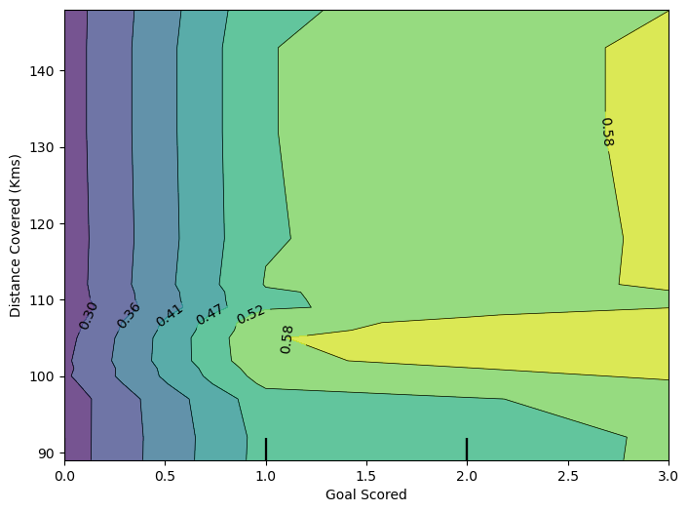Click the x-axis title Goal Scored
click(366, 495)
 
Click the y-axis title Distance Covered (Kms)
click(16, 235)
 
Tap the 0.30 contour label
click(89, 315)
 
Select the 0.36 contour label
click(129, 315)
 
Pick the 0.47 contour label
click(210, 314)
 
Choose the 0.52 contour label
click(250, 314)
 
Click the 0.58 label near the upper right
click(607, 132)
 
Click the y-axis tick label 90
click(46, 453)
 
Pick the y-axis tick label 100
click(43, 376)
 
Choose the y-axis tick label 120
click(43, 223)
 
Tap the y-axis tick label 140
click(43, 71)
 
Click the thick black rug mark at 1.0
click(266, 449)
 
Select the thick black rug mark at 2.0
click(467, 449)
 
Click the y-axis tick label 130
click(43, 147)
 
